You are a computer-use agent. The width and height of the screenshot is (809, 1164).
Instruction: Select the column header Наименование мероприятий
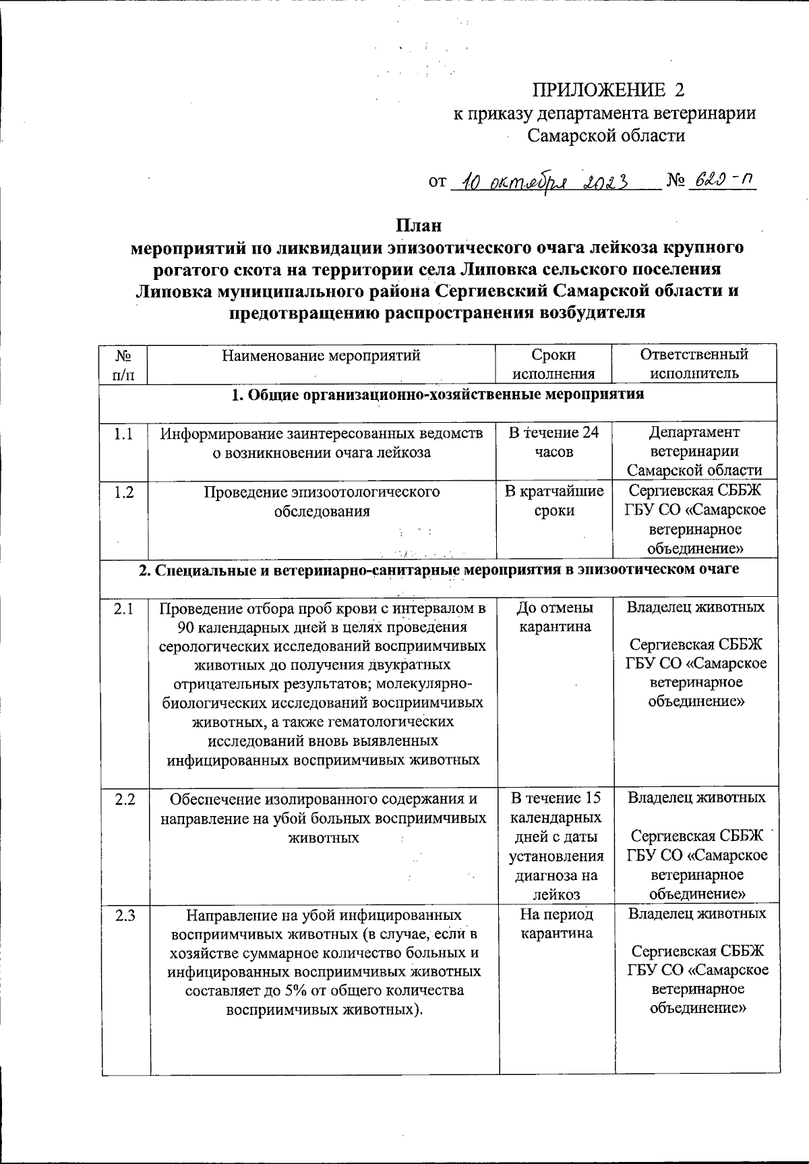point(322,355)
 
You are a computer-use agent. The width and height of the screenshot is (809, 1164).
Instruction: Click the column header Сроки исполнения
point(553,364)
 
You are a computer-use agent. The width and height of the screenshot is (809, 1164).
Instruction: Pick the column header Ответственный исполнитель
point(694,364)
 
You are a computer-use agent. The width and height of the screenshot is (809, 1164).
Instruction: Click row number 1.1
point(123,434)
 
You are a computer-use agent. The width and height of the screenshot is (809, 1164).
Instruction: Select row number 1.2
point(123,492)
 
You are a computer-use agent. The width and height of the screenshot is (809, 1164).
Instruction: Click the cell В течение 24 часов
point(553,442)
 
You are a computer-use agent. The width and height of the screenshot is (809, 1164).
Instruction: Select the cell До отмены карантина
point(554,617)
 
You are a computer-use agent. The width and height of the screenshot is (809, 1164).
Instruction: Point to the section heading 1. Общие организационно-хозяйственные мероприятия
point(438,395)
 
